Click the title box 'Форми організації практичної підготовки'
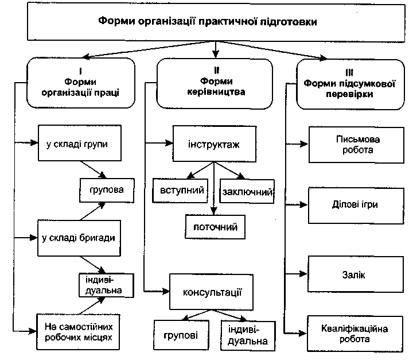pos(216,22)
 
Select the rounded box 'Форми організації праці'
pos(81,83)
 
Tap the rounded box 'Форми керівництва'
pos(215,83)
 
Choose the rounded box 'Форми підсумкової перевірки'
pos(350,84)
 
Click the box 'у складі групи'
pos(80,143)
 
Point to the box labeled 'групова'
pos(107,190)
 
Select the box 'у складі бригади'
pos(79,238)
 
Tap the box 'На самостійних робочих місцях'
pos(78,332)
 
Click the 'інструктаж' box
pos(215,144)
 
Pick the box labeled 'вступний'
pos(180,191)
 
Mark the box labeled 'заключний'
pos(247,191)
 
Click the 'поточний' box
pos(215,227)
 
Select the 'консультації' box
pos(211,292)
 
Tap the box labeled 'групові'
pos(181,335)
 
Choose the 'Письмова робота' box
pos(357,145)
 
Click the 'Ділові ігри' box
pos(356,206)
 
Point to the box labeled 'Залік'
pos(356,274)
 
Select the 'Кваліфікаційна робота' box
pos(355,334)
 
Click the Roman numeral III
pos(349,72)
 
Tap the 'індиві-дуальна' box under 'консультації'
pos(248,336)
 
